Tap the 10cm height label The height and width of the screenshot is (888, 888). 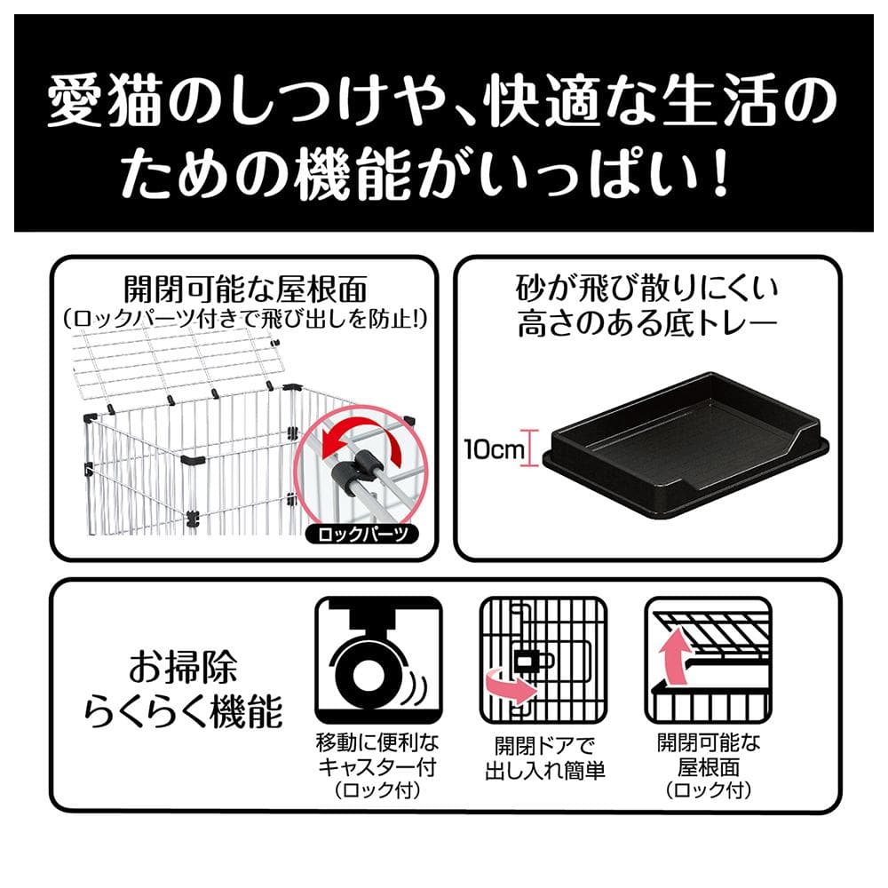pyautogui.click(x=493, y=449)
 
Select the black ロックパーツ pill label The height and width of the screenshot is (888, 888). pyautogui.click(x=362, y=534)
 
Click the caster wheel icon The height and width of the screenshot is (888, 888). pyautogui.click(x=378, y=660)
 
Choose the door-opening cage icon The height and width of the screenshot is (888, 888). pyautogui.click(x=543, y=660)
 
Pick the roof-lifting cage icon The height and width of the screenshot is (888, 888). pyautogui.click(x=709, y=660)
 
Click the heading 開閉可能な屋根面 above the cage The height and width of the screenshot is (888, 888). pyautogui.click(x=245, y=289)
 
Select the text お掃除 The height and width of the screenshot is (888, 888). pyautogui.click(x=182, y=667)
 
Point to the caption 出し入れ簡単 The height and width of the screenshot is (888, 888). pyautogui.click(x=545, y=770)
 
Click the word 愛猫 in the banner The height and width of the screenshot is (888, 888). pyautogui.click(x=106, y=104)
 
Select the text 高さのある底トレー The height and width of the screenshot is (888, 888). pyautogui.click(x=646, y=323)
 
